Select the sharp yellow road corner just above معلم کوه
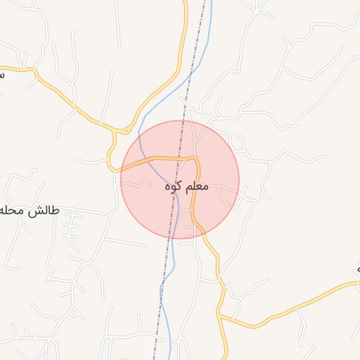click(196, 160)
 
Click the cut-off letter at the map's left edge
click(2, 72)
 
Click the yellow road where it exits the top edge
click(186, 2)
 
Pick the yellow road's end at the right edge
click(357, 283)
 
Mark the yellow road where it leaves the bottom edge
click(227, 357)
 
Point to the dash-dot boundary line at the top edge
click(209, 2)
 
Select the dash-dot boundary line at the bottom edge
click(154, 357)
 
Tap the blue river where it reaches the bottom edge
click(172, 357)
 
